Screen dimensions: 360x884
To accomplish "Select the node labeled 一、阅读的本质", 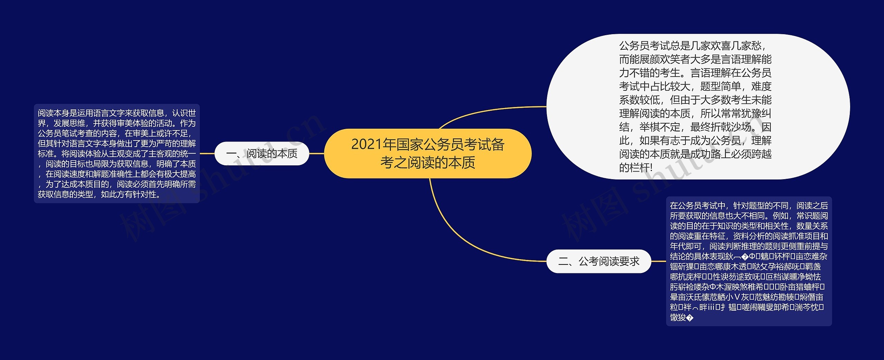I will click(262, 154).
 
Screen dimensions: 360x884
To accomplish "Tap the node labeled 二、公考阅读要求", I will click(599, 261).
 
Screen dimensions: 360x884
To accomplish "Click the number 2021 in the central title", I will click(367, 145).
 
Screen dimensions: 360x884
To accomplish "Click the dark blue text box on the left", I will click(117, 154).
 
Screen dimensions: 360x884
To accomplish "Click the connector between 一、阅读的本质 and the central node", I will click(317, 154).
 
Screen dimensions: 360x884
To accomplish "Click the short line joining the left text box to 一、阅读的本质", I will click(207, 154).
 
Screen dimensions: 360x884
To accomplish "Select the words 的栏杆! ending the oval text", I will click(636, 168).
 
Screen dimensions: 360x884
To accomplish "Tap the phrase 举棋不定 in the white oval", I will click(660, 127).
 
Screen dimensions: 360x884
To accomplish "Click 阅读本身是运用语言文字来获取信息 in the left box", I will click(101, 113).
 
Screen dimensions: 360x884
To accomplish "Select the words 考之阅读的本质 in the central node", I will click(427, 163).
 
